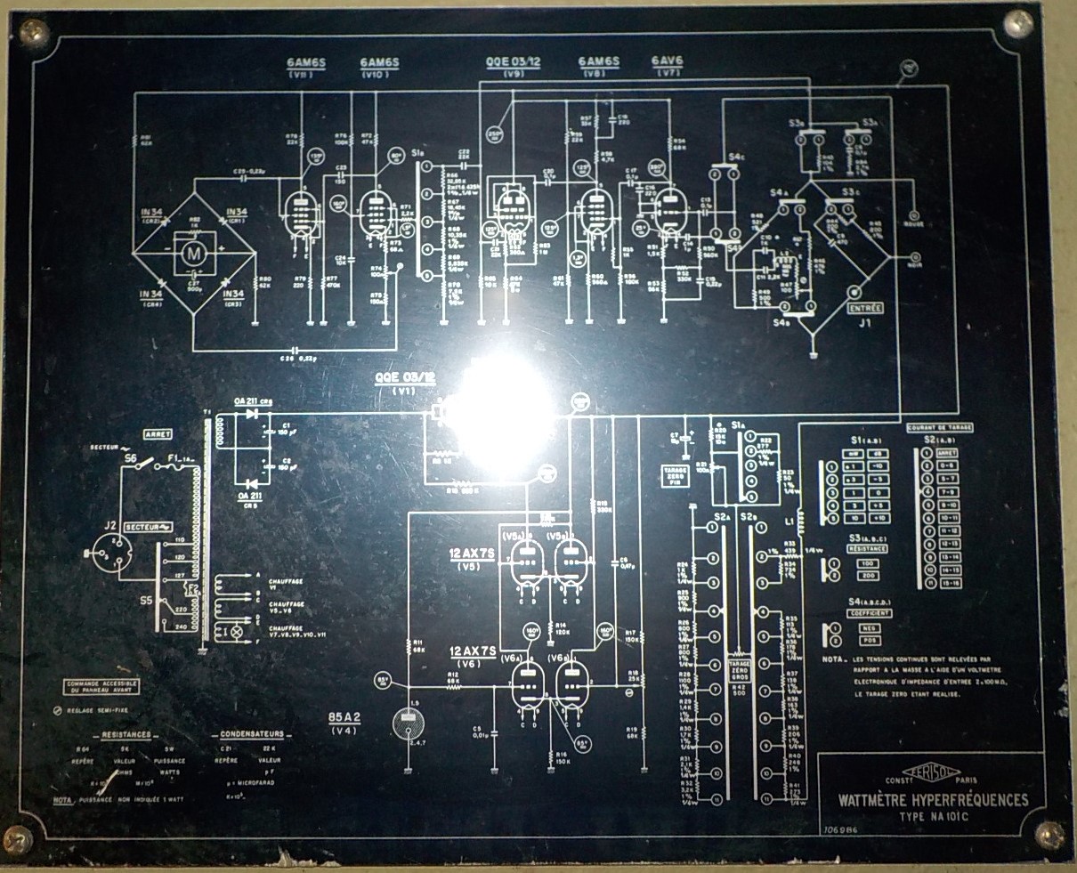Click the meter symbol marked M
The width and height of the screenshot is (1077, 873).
(x=191, y=254)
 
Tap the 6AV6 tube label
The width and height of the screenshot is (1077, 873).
(x=667, y=61)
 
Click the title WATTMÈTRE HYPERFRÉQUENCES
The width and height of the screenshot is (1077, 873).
(x=933, y=800)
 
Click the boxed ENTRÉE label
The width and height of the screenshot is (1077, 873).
(x=865, y=309)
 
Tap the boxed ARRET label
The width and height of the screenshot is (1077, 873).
(x=158, y=433)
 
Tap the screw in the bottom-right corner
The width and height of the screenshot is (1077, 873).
(x=1051, y=834)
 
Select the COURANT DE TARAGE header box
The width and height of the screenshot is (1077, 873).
(x=939, y=428)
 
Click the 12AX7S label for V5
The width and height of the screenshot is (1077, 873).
(x=473, y=554)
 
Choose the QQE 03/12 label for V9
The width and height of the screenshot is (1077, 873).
(x=513, y=61)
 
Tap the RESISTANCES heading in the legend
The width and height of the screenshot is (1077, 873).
(x=125, y=735)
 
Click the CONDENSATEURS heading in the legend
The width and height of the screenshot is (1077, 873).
(x=253, y=735)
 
